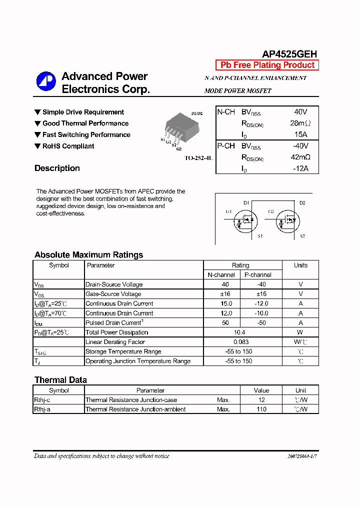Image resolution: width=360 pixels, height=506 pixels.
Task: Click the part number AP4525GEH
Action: (289, 54)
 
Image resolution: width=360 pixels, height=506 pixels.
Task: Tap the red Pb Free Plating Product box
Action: (267, 65)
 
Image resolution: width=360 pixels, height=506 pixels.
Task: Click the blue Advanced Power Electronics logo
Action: (45, 81)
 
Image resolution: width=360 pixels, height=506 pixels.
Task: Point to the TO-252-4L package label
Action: (198, 158)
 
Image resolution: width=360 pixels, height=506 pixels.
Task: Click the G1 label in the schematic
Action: (228, 211)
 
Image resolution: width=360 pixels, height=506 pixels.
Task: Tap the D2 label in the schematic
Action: (302, 202)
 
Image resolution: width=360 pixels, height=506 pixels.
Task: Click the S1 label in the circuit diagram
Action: (260, 236)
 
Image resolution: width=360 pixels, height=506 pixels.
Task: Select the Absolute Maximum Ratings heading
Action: (88, 254)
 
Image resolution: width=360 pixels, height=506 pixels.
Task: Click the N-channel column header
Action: (221, 275)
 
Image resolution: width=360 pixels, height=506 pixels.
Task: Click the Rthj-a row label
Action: (42, 409)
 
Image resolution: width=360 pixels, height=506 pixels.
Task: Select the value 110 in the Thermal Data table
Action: (261, 409)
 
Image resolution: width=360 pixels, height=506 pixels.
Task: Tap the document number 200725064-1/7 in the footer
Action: (302, 456)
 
